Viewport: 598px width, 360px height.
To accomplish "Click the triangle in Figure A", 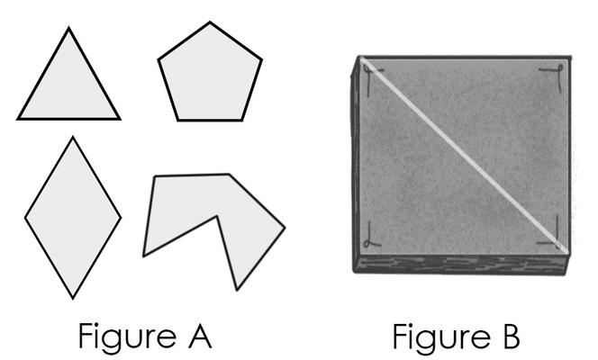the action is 68,87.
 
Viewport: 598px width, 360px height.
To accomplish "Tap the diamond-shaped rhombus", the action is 73,218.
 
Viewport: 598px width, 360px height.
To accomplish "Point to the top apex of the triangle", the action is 68,28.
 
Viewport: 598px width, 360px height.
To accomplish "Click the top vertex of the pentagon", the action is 210,22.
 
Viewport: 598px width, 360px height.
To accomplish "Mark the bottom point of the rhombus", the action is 73,298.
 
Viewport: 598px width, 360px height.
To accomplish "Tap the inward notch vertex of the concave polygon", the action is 217,216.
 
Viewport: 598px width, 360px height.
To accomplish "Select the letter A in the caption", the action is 200,336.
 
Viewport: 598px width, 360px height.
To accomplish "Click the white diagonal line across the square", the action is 465,156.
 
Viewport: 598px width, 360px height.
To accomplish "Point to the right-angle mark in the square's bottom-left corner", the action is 371,235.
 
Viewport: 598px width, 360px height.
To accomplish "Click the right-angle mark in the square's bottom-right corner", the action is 551,232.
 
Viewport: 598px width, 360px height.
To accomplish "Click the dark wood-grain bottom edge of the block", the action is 461,264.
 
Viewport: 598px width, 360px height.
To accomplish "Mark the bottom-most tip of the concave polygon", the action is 237,290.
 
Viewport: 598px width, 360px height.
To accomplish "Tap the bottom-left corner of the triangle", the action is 18,119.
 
